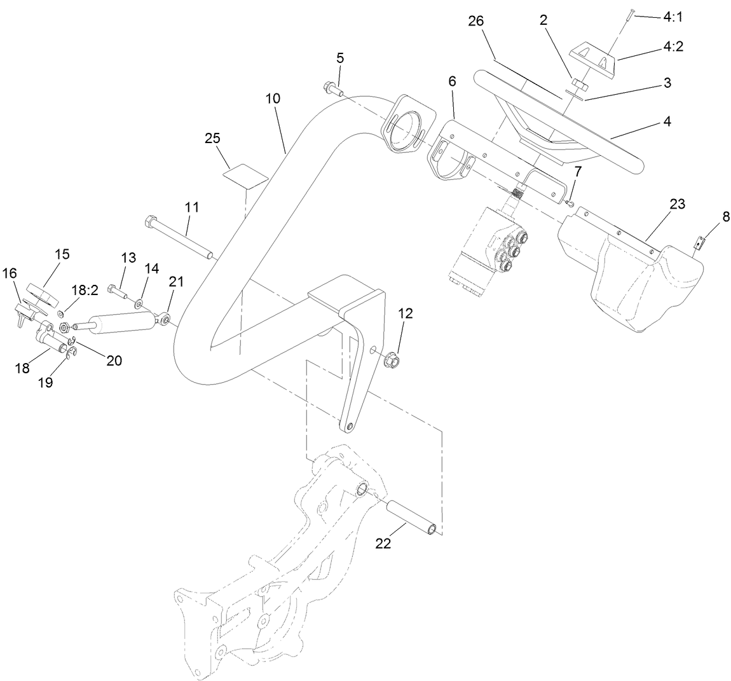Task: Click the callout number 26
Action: (476, 20)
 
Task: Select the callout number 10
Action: (273, 99)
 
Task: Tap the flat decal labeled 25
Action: (245, 174)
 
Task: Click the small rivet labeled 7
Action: (571, 203)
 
